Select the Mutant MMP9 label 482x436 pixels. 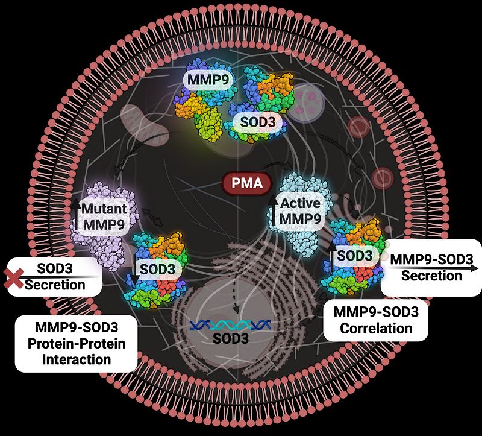[x=104, y=216]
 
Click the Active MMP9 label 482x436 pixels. [x=297, y=212]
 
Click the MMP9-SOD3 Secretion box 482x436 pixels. [x=431, y=267]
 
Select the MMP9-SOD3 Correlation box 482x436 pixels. [x=376, y=320]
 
